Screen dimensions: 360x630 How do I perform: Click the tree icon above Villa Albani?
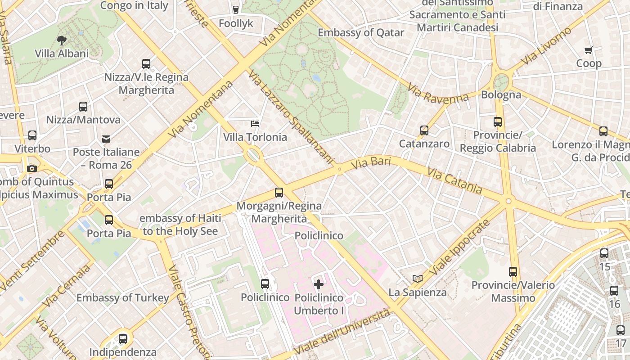pyautogui.click(x=62, y=40)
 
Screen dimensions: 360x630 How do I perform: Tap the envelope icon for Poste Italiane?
pyautogui.click(x=106, y=139)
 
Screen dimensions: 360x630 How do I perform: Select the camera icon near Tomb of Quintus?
pyautogui.click(x=32, y=168)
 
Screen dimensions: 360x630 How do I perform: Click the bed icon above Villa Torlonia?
pyautogui.click(x=255, y=123)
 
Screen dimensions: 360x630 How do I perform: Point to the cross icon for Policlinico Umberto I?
pyautogui.click(x=319, y=284)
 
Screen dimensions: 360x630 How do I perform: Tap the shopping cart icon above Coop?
pyautogui.click(x=588, y=50)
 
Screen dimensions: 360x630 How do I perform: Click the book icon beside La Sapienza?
pyautogui.click(x=418, y=279)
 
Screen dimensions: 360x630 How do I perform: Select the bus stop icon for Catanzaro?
pyautogui.click(x=424, y=130)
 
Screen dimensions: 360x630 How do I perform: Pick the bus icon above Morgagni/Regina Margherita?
pyautogui.click(x=279, y=193)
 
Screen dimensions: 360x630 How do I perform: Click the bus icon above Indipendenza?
pyautogui.click(x=123, y=338)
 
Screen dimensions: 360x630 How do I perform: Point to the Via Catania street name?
pyautogui.click(x=454, y=180)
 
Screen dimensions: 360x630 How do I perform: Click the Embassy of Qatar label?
pyautogui.click(x=361, y=33)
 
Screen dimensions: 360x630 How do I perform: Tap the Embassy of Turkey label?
pyautogui.click(x=122, y=298)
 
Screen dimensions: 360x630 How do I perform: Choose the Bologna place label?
pyautogui.click(x=501, y=95)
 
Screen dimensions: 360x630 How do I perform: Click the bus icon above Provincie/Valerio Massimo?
pyautogui.click(x=513, y=271)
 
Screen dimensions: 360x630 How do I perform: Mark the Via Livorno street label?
pyautogui.click(x=547, y=46)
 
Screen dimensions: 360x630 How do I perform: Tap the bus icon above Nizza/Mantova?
pyautogui.click(x=83, y=107)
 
